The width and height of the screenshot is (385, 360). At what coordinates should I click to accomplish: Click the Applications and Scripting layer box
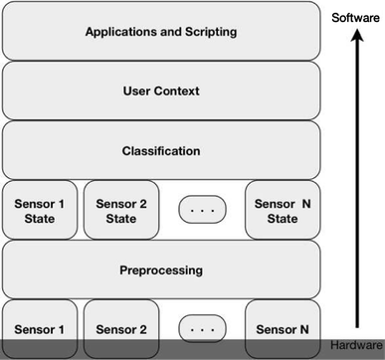160,32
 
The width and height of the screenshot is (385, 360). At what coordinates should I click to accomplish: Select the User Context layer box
160,90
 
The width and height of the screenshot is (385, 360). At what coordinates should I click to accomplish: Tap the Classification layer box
160,150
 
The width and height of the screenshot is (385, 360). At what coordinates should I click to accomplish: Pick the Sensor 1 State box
40,210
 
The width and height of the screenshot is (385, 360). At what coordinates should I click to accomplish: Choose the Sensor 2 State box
121,210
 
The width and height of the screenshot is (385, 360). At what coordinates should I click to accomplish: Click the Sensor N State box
284,210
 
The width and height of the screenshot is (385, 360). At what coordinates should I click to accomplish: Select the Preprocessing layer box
160,270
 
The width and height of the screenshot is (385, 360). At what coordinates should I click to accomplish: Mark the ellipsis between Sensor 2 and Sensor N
202,328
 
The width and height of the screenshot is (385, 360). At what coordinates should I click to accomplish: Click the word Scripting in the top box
209,32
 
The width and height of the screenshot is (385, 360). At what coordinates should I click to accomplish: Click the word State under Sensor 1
40,219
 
